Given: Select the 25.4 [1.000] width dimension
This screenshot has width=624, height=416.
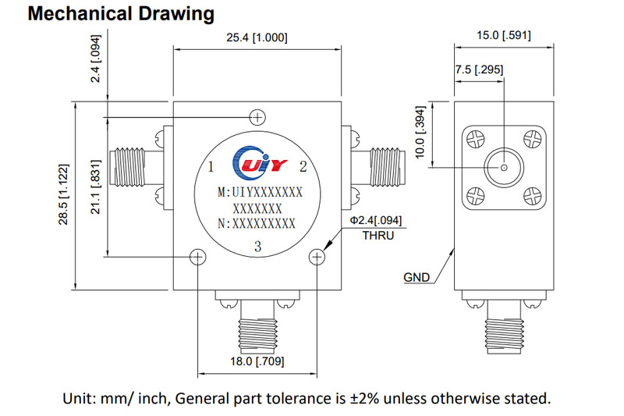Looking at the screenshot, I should pos(255,37).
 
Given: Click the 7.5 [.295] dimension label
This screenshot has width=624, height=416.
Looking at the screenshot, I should pos(479,69).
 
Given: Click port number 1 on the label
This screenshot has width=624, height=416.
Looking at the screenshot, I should pos(211,167).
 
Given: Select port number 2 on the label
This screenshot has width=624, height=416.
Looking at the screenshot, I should pos(303,166).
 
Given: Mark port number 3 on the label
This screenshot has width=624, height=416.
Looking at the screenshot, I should pos(257,247).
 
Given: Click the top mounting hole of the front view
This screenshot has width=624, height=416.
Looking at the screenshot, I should pos(257,118).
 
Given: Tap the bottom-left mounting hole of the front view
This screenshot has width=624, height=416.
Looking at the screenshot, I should pos(198,258).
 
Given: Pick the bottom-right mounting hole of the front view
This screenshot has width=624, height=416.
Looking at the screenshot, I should pos(316,258).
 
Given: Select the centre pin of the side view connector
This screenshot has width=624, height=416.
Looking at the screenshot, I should pos(504,167).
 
